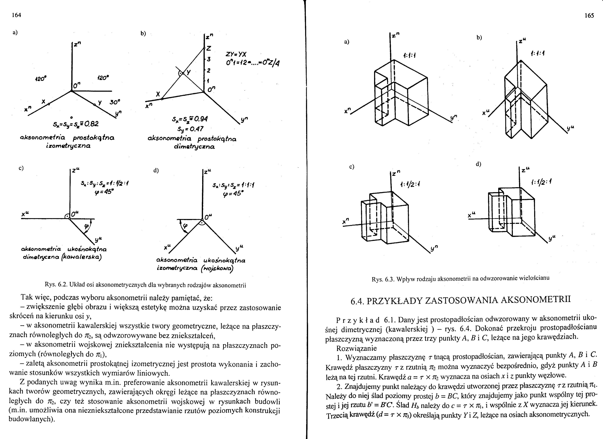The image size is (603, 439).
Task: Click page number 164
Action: [x=17, y=15]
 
